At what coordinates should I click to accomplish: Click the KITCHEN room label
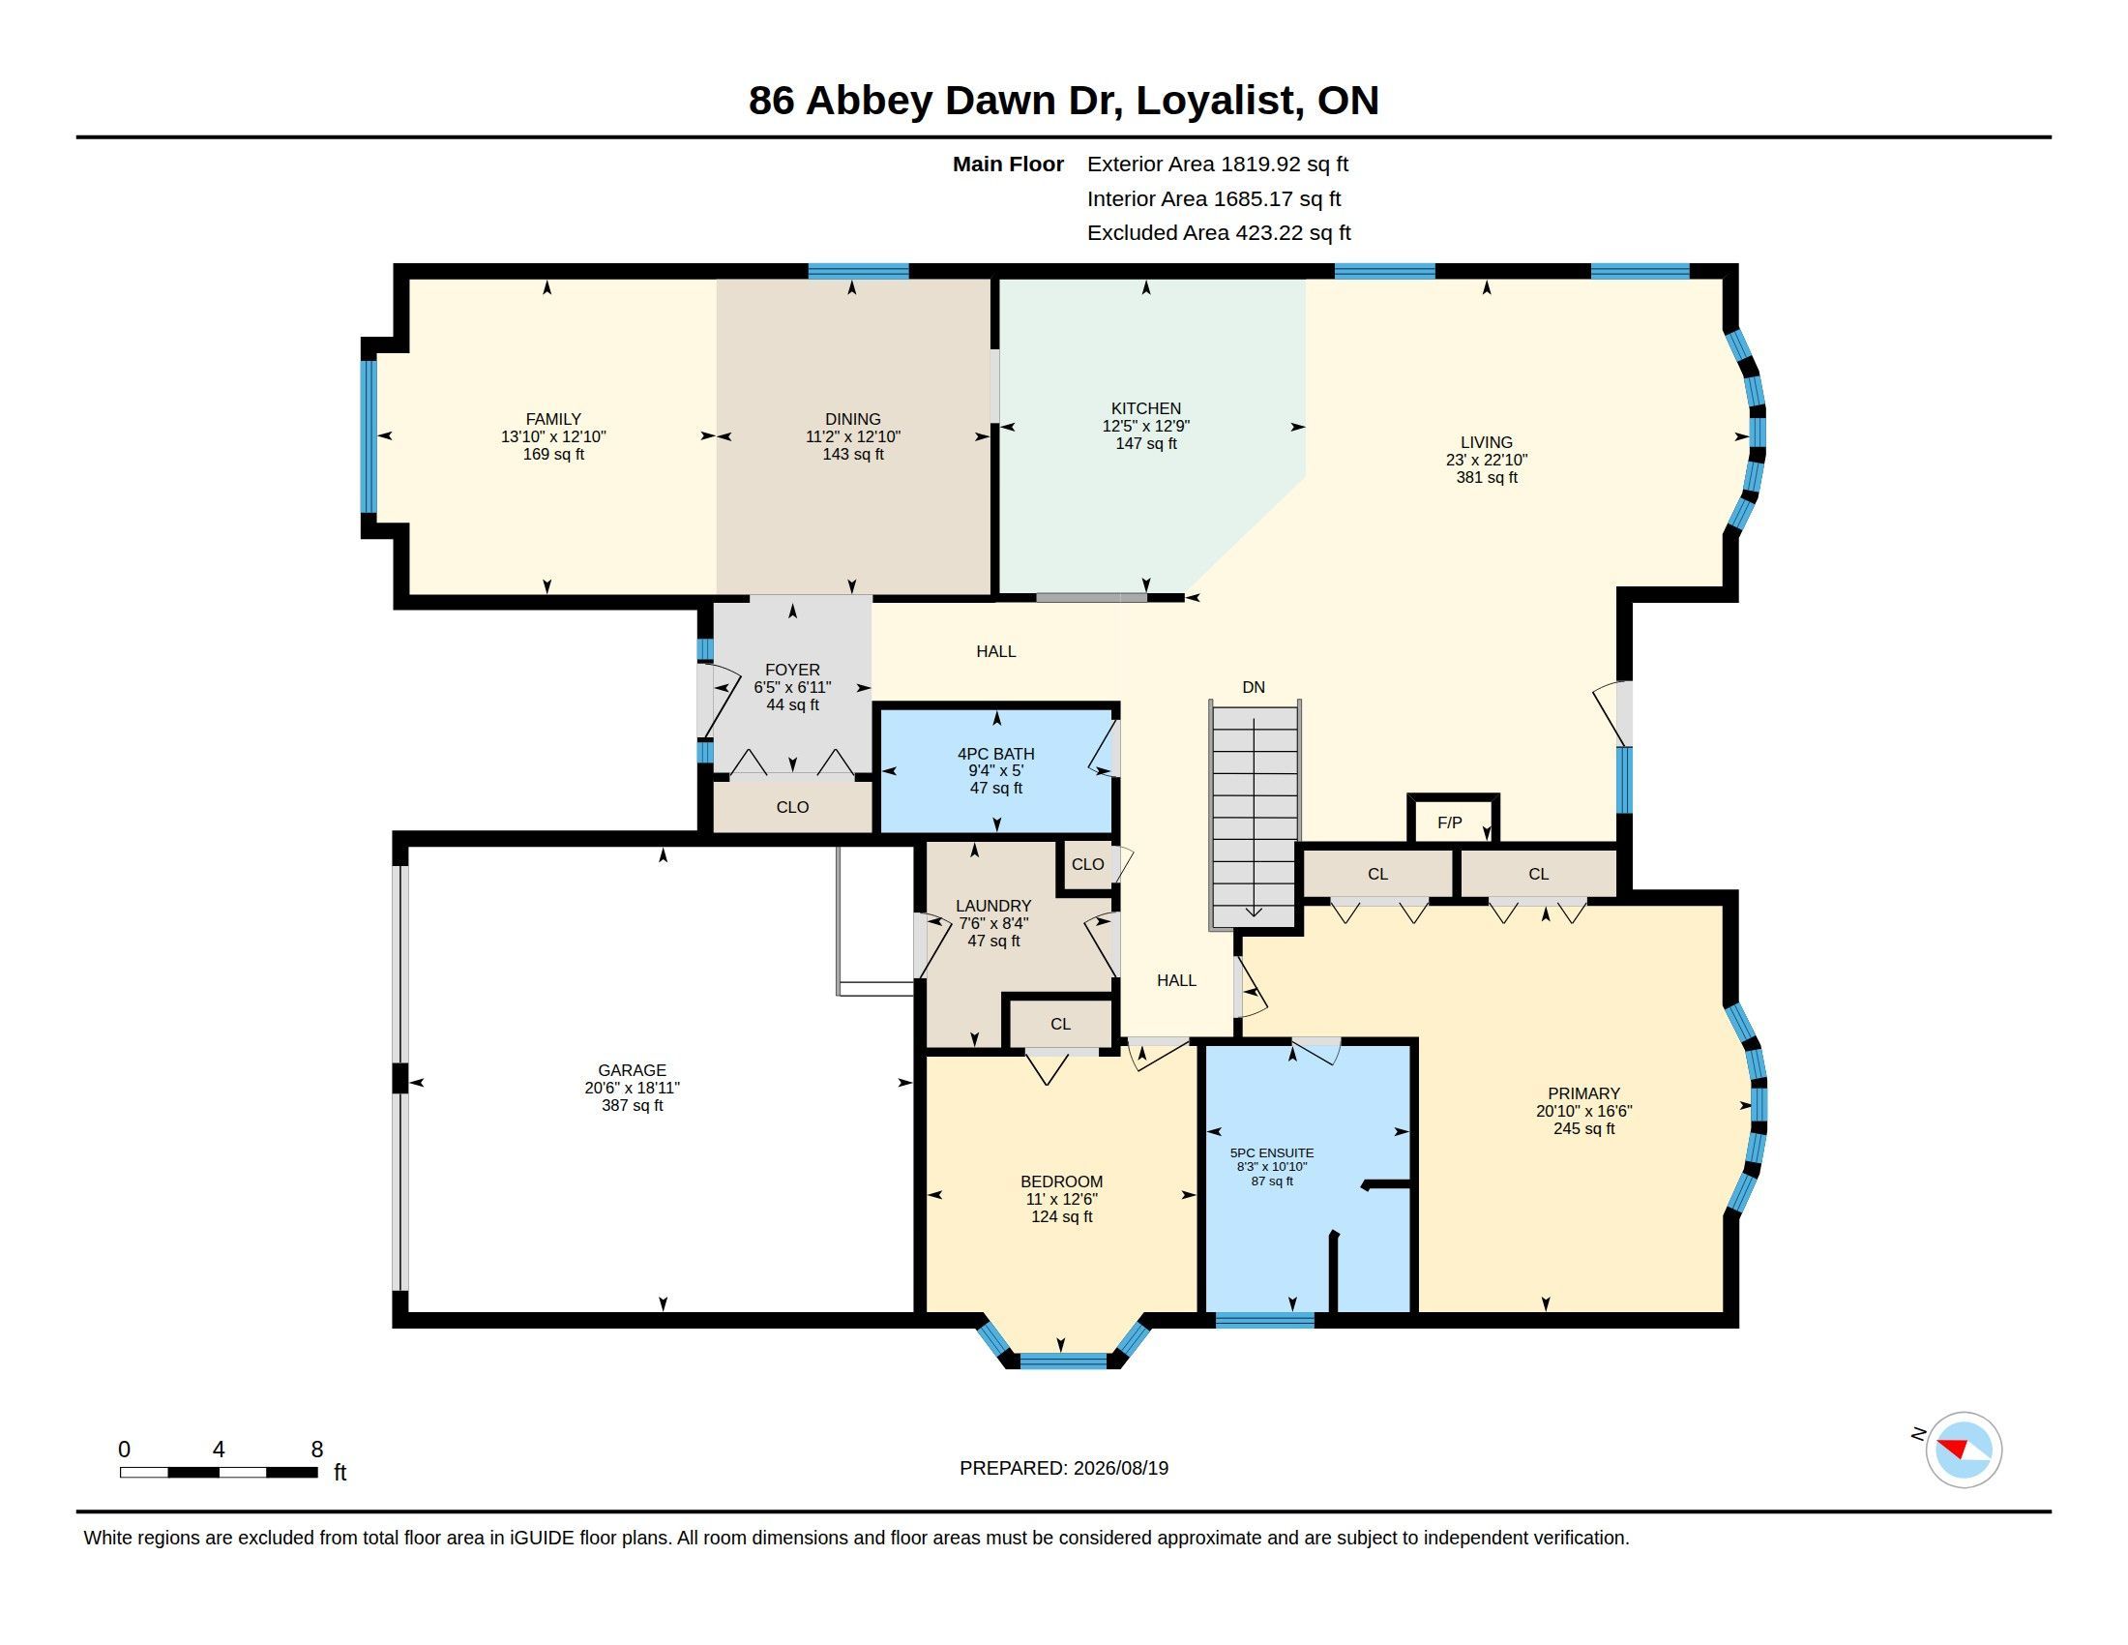1146,408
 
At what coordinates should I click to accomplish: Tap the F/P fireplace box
1453,819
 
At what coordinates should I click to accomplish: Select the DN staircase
1255,814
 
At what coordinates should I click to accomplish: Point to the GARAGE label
633,1070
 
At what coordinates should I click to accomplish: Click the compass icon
1964,1450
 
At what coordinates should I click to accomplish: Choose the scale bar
219,1472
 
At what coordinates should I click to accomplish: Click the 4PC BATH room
995,770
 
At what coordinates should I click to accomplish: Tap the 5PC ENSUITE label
1272,1152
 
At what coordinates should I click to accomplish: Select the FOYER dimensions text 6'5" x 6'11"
792,687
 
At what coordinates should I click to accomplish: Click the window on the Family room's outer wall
369,435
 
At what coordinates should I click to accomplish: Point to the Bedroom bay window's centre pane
1063,1360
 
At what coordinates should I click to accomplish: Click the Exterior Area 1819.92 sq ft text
1217,164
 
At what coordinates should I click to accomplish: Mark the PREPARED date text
1064,1468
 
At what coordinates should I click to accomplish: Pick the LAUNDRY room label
992,906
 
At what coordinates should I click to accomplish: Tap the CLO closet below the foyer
792,806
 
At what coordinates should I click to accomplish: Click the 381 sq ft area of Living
1486,477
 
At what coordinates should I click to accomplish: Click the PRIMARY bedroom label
1583,1093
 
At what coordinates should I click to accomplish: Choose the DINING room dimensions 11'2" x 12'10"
852,436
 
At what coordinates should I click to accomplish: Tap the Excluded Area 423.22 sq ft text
1218,233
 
